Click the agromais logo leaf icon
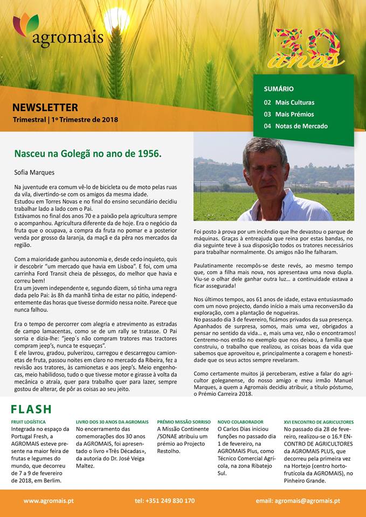coord(26,24)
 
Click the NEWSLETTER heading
coord(45,107)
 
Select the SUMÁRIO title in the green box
coord(278,88)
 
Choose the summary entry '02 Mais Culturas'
coord(289,102)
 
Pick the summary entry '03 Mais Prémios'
coord(288,114)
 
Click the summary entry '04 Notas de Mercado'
coord(295,126)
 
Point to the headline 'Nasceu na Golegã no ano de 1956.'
coord(88,153)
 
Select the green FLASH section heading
coord(31,409)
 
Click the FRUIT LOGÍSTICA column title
coord(29,422)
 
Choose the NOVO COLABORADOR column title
coord(240,422)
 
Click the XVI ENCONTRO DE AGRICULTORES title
coord(319,422)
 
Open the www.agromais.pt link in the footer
coord(49,500)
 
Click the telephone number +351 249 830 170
coord(165,500)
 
